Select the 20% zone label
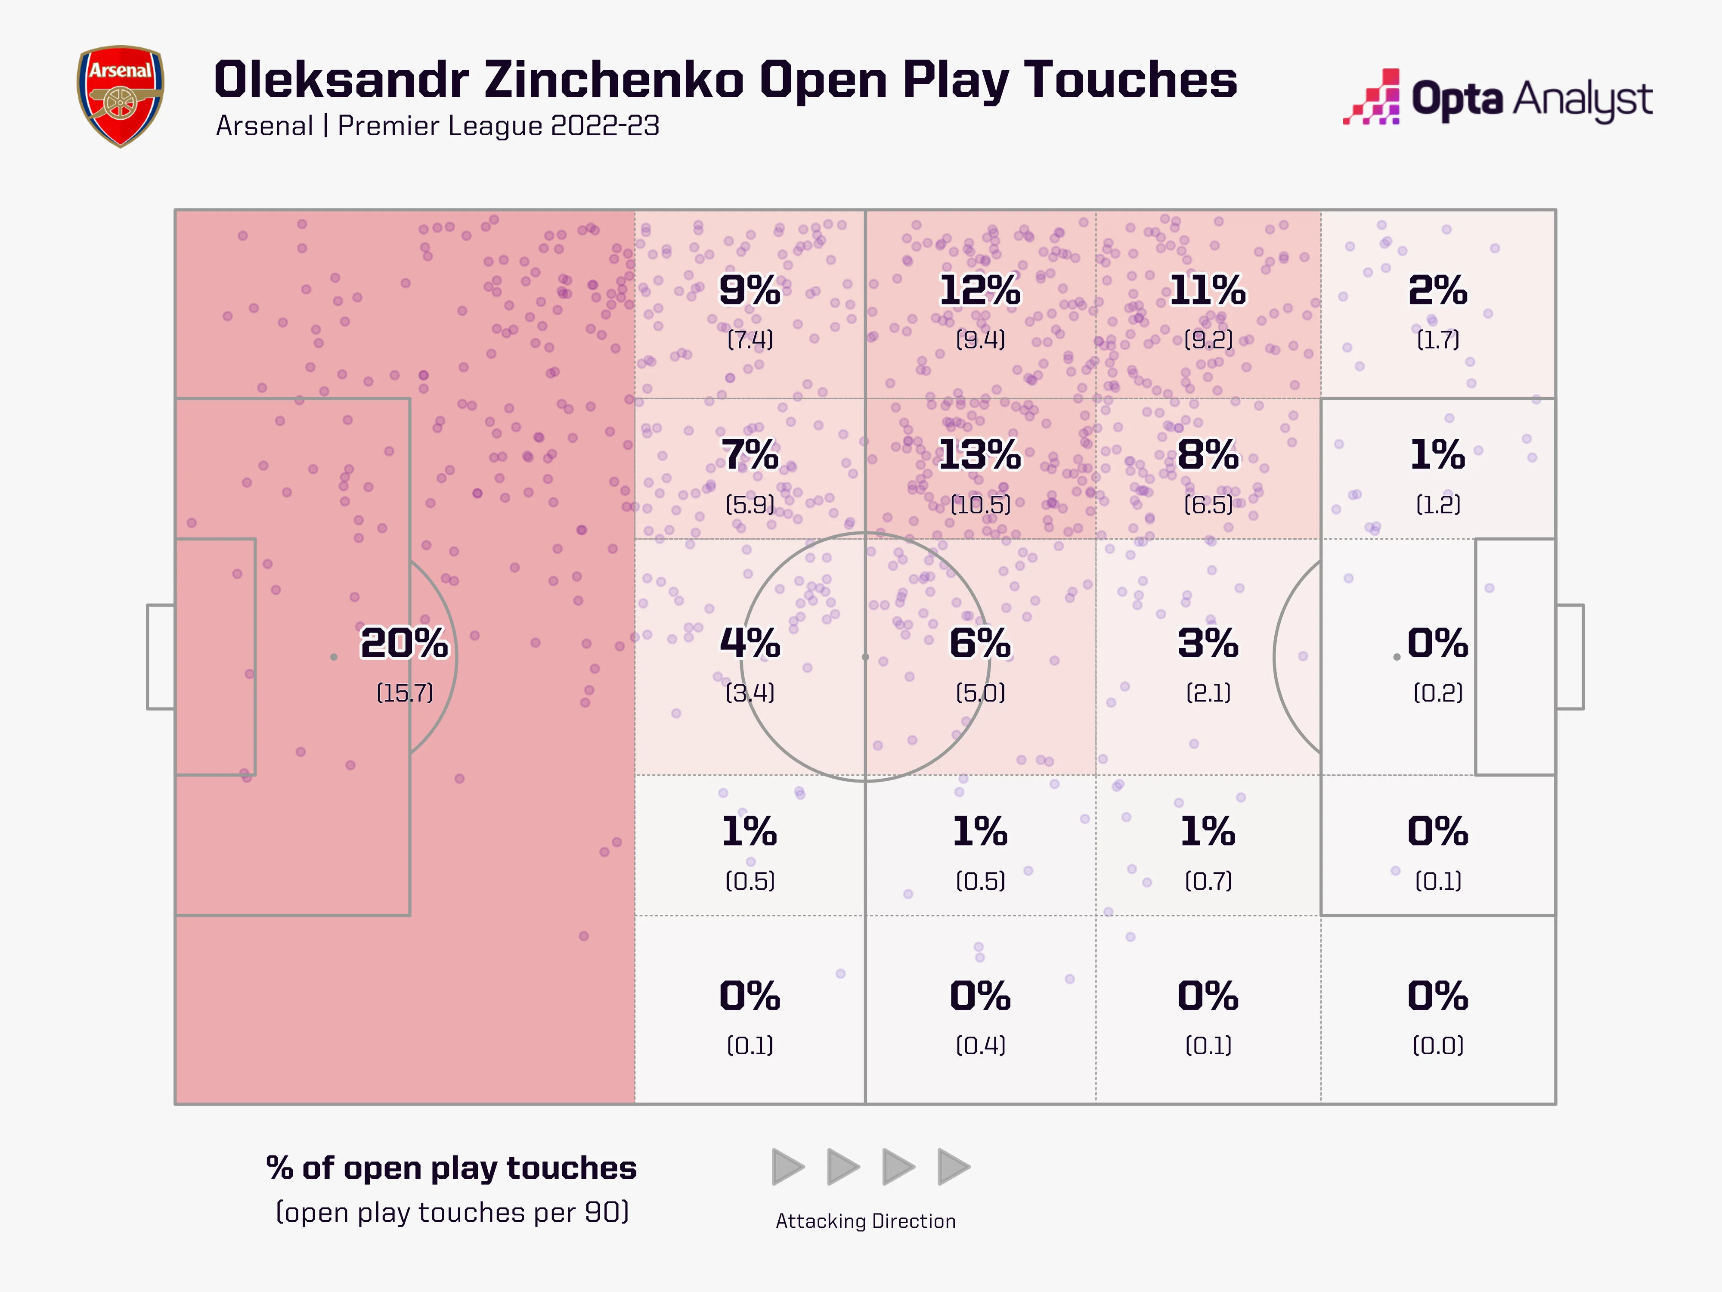click(x=404, y=643)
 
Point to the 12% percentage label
click(x=979, y=291)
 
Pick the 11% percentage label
click(x=1208, y=291)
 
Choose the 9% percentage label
click(x=749, y=291)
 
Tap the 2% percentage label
click(x=1437, y=291)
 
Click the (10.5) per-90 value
click(x=980, y=505)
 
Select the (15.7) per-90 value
click(x=404, y=693)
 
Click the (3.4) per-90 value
click(x=750, y=693)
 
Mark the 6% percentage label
click(x=979, y=643)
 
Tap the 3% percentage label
click(x=1208, y=643)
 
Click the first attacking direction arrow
click(x=787, y=1167)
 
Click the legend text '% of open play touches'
click(x=451, y=1168)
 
